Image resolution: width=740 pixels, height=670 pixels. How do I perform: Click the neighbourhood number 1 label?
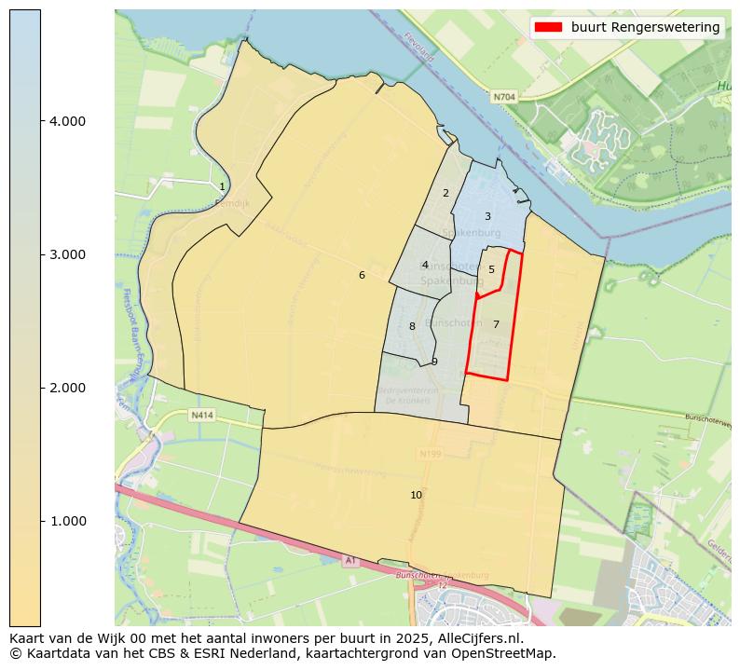pyautogui.click(x=222, y=187)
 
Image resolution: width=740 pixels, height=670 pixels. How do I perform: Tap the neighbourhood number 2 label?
pyautogui.click(x=445, y=194)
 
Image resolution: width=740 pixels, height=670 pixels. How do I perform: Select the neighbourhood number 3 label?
pyautogui.click(x=487, y=217)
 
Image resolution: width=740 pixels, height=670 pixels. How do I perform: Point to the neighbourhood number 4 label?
pyautogui.click(x=425, y=266)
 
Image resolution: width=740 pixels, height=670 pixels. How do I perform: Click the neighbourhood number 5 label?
pyautogui.click(x=491, y=270)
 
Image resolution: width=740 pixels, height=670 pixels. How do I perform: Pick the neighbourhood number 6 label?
pyautogui.click(x=362, y=276)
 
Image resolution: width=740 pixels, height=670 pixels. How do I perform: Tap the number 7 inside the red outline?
pyautogui.click(x=496, y=325)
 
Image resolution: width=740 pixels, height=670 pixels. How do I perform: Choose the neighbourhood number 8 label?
pyautogui.click(x=412, y=327)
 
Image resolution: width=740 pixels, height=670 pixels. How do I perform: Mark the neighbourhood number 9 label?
pyautogui.click(x=434, y=362)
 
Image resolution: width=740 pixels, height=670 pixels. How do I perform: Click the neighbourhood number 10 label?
pyautogui.click(x=416, y=495)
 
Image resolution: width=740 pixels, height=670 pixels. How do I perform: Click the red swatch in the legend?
pyautogui.click(x=548, y=28)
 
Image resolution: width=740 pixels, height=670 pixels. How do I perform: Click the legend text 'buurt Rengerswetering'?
pyautogui.click(x=645, y=28)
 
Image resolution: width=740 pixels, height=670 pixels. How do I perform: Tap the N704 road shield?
pyautogui.click(x=503, y=96)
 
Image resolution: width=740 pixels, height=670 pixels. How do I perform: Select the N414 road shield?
pyautogui.click(x=202, y=415)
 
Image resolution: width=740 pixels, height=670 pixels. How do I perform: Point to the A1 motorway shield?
pyautogui.click(x=350, y=560)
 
